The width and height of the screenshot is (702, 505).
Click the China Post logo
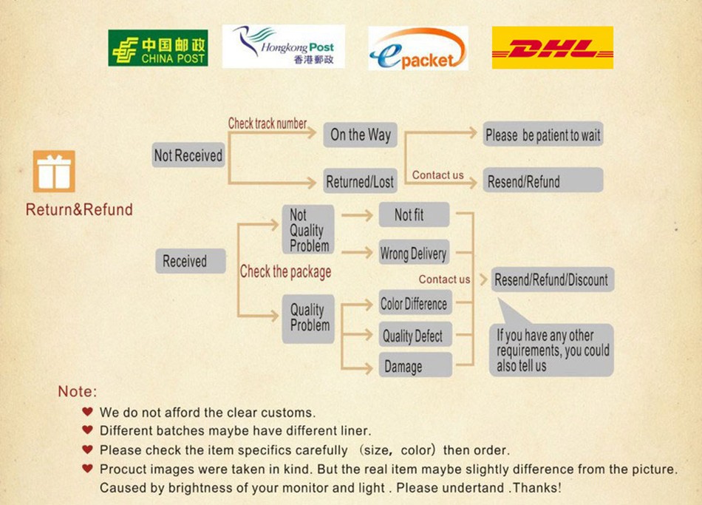(157, 48)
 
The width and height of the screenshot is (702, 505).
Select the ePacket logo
(418, 49)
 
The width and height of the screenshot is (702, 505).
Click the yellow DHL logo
(553, 48)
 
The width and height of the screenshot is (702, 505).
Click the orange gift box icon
(54, 172)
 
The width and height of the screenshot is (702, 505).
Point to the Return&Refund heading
(79, 210)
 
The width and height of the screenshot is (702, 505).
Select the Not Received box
(188, 155)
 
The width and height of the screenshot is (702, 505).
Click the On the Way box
(361, 135)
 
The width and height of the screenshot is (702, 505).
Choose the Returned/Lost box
(361, 181)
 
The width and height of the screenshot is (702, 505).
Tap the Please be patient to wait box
(543, 135)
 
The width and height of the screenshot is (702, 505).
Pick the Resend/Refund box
(543, 181)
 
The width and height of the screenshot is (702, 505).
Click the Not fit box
(414, 215)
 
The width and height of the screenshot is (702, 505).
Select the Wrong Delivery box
(414, 254)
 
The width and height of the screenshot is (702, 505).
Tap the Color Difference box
(414, 304)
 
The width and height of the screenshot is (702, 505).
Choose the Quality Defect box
(414, 336)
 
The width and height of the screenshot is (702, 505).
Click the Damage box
(414, 366)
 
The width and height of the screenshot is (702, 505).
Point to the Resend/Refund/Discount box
(551, 280)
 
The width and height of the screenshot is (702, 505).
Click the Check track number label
(267, 123)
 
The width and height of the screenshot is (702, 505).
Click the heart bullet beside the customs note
(88, 412)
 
